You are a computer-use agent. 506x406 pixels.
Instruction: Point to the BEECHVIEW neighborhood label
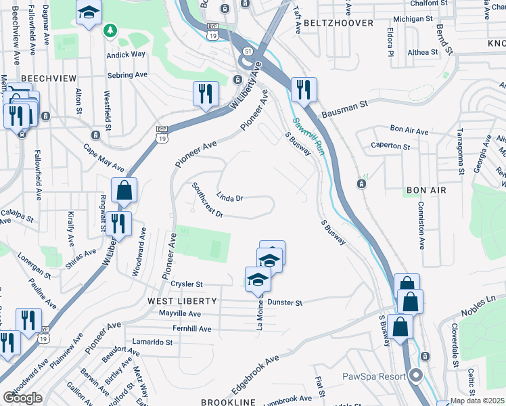47,78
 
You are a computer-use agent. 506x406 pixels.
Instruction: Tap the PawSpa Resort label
373,376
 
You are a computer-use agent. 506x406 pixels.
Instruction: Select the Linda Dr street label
229,198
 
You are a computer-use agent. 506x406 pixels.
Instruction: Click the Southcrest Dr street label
207,201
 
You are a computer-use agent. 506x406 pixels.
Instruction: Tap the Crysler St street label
187,285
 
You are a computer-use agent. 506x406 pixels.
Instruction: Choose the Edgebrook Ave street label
255,372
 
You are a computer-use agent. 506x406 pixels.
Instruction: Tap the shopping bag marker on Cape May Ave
124,190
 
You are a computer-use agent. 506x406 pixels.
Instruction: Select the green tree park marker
110,30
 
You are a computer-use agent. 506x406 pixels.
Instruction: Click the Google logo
22,397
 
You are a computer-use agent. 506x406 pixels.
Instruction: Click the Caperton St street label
390,146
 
